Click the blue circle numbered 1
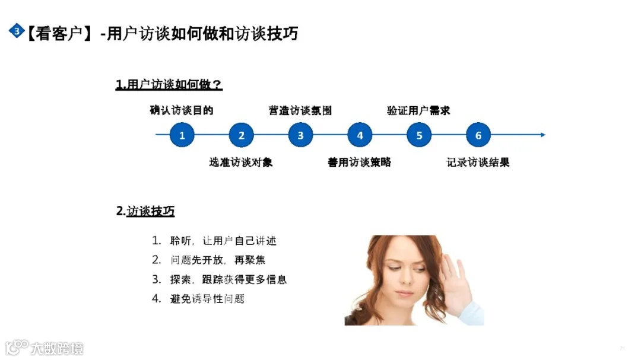click(182, 135)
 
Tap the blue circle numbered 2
click(241, 135)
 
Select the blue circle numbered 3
click(300, 135)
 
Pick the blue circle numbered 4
click(360, 135)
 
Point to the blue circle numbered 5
click(419, 135)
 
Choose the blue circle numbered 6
click(478, 135)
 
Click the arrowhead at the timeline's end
click(542, 135)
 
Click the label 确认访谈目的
click(182, 110)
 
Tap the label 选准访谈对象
click(241, 162)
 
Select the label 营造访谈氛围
click(300, 110)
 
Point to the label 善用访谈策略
click(360, 162)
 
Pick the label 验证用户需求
click(419, 110)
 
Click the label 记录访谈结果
click(478, 162)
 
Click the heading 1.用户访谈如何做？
click(169, 85)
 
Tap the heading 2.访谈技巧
click(145, 211)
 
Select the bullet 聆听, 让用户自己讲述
click(214, 241)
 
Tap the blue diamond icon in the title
click(17, 31)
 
